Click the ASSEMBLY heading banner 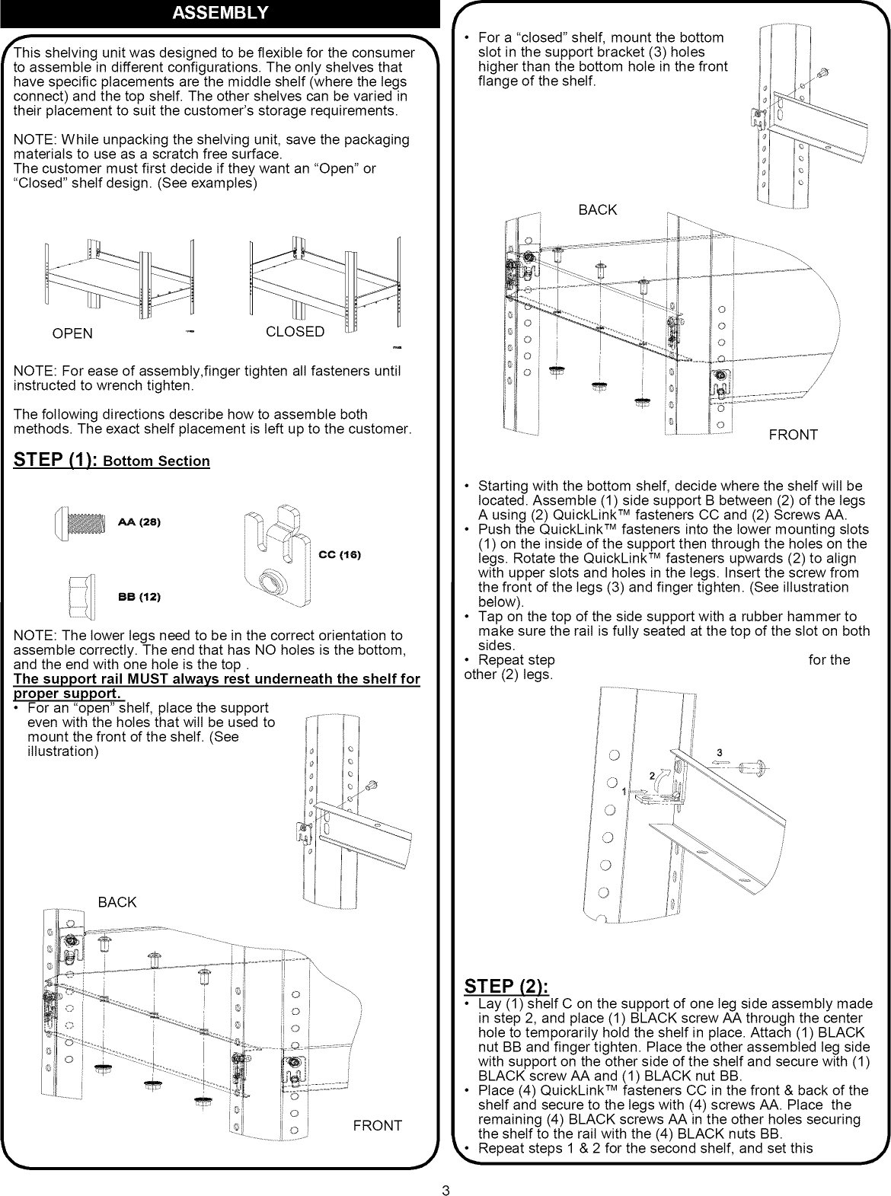click(x=220, y=13)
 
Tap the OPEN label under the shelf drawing click(x=72, y=333)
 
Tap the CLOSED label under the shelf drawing click(x=295, y=332)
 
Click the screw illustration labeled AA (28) click(x=81, y=523)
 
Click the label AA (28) click(x=139, y=523)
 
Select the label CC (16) click(x=340, y=555)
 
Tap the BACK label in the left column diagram click(x=117, y=902)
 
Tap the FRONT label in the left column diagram click(x=377, y=1125)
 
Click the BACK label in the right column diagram click(x=598, y=209)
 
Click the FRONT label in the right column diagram click(x=793, y=435)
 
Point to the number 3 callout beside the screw click(x=720, y=754)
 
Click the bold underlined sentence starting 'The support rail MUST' click(x=217, y=686)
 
